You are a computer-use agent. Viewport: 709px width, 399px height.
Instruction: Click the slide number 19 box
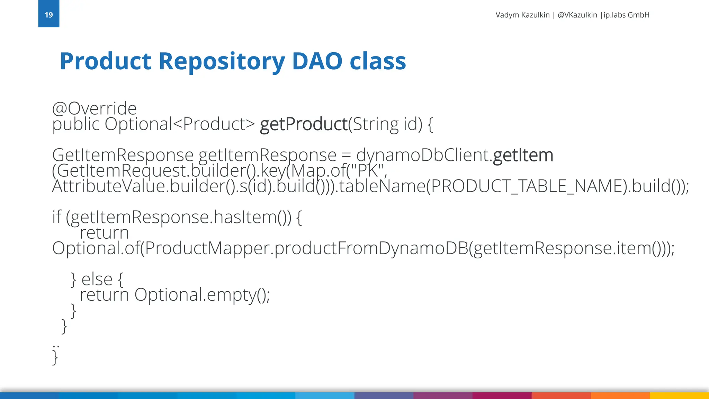pyautogui.click(x=48, y=14)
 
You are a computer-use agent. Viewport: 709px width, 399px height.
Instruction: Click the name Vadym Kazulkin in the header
pyautogui.click(x=522, y=15)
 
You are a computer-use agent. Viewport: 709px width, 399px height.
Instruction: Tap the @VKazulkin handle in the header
pyautogui.click(x=577, y=15)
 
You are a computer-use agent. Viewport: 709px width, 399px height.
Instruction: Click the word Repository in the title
pyautogui.click(x=222, y=61)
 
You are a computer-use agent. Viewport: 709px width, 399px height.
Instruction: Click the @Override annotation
pyautogui.click(x=94, y=108)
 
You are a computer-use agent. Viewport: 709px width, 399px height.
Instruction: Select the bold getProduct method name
pyautogui.click(x=304, y=124)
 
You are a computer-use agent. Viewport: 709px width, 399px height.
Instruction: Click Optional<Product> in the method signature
pyautogui.click(x=180, y=124)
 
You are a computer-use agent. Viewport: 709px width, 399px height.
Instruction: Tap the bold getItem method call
pyautogui.click(x=523, y=155)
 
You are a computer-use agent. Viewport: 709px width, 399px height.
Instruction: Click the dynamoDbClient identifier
pyautogui.click(x=422, y=155)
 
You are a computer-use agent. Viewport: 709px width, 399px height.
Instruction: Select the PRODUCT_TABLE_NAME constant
pyautogui.click(x=526, y=186)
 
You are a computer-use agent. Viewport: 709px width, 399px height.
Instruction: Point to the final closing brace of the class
pyautogui.click(x=55, y=357)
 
